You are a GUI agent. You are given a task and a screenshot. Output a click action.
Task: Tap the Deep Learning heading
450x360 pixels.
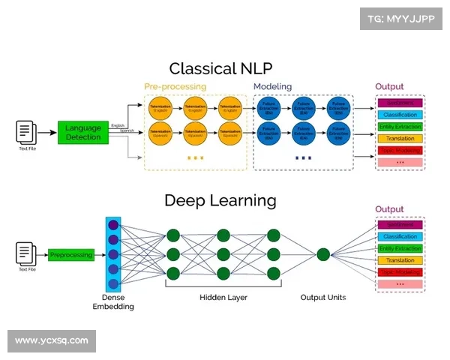tap(220, 200)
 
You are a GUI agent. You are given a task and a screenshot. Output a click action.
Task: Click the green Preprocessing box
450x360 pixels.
tap(71, 255)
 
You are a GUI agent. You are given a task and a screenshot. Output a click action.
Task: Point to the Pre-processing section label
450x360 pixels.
tap(174, 87)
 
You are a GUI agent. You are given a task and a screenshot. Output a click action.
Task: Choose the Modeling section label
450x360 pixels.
tap(272, 87)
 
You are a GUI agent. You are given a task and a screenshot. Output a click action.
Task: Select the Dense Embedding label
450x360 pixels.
tap(113, 302)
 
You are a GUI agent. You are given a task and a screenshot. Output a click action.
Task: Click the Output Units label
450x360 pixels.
tap(323, 298)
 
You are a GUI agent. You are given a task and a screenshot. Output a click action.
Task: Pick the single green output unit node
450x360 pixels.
tap(323, 254)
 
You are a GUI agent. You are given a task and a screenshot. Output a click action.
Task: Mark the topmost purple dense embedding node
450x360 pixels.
tap(113, 224)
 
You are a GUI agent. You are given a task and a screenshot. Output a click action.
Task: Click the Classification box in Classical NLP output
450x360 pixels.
tap(400, 115)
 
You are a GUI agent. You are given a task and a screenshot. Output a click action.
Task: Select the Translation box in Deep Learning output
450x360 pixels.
tap(400, 260)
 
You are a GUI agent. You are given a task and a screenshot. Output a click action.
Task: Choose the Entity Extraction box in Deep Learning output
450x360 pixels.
tap(400, 248)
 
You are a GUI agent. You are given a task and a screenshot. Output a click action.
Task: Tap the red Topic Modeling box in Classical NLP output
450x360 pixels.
tap(400, 150)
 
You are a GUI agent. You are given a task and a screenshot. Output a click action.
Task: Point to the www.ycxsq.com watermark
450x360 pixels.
tap(51, 341)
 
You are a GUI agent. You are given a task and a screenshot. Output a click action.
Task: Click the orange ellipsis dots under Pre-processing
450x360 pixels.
tap(195, 158)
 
